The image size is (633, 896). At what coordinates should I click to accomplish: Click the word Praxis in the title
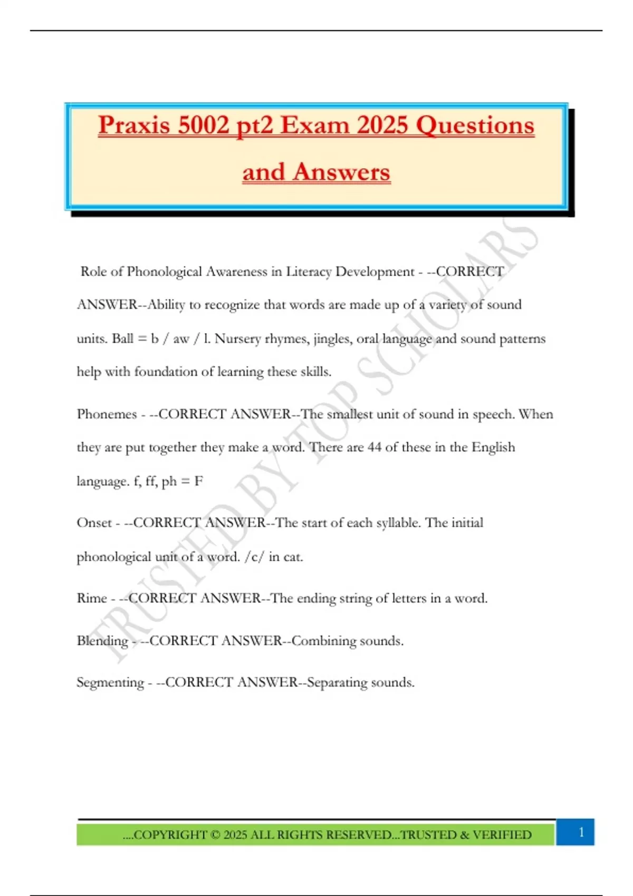[x=134, y=126]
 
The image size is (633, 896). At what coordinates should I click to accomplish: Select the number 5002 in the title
[x=204, y=125]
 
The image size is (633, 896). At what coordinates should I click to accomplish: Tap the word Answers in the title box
[x=342, y=172]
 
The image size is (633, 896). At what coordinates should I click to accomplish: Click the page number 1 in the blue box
[x=581, y=832]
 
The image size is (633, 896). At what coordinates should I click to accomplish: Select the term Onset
[x=94, y=523]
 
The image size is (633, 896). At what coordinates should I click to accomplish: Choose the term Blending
[x=102, y=641]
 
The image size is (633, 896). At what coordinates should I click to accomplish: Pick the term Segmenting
[x=110, y=683]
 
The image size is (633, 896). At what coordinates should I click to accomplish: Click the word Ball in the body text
[x=122, y=338]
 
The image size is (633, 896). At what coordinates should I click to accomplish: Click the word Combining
[x=324, y=641]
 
